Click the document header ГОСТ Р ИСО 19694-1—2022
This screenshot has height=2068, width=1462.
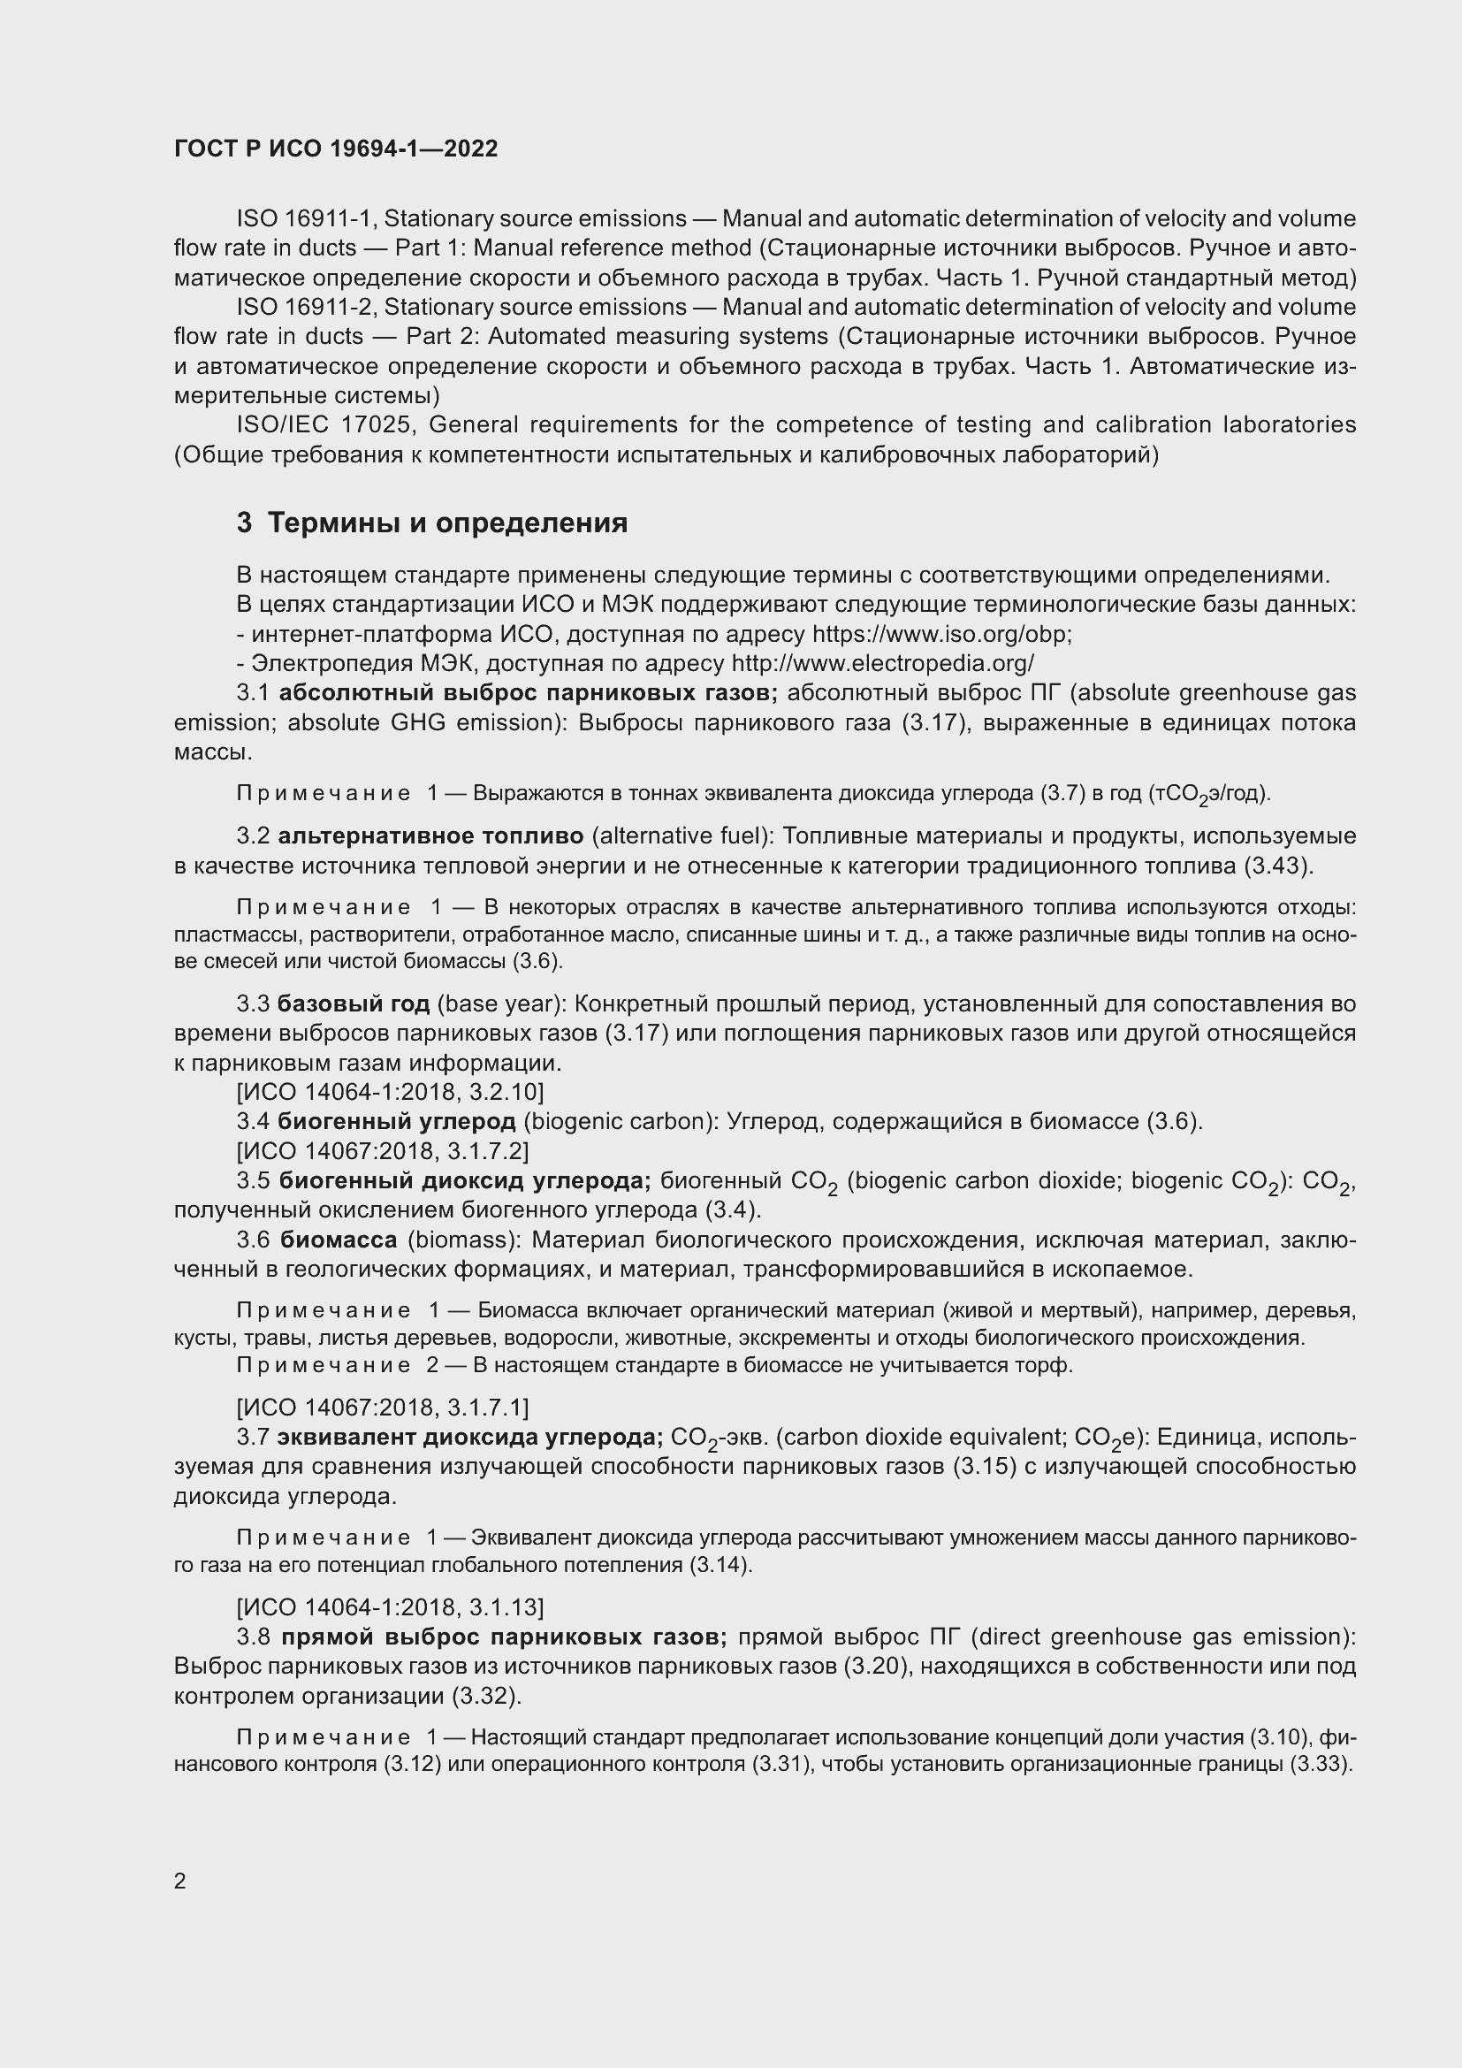tap(336, 149)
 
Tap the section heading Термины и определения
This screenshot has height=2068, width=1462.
tap(447, 523)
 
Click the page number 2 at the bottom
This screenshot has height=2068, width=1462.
tap(180, 1881)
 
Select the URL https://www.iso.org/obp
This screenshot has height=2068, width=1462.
tap(940, 634)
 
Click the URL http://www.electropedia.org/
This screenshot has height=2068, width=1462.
tap(882, 664)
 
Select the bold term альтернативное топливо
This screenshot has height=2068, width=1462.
tap(430, 836)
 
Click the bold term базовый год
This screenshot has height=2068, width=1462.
tap(353, 1003)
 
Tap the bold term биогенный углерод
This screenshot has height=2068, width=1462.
tap(396, 1121)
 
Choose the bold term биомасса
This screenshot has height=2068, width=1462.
tap(339, 1240)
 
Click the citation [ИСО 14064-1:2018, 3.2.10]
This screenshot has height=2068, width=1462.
tap(390, 1093)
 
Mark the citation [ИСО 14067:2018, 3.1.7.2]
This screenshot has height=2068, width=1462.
tap(383, 1151)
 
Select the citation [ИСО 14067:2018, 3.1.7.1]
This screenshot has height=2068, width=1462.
tap(383, 1407)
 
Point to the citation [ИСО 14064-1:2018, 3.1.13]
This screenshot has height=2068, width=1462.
tap(390, 1606)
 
